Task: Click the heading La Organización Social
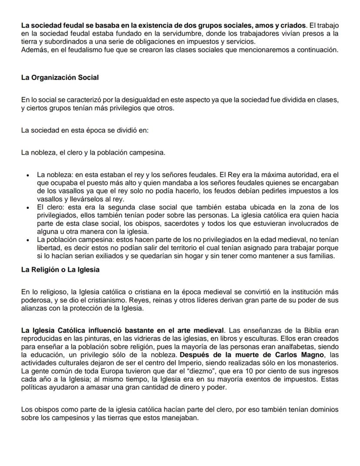click(60, 78)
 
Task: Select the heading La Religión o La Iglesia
click(60, 270)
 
